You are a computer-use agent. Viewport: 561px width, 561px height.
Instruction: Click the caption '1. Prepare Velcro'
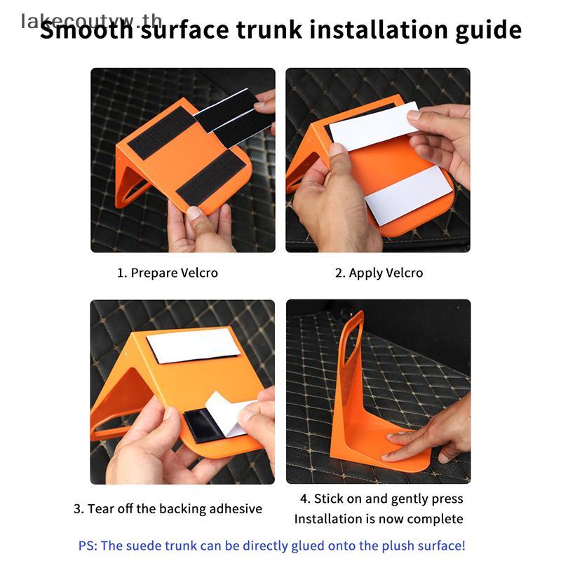pos(168,273)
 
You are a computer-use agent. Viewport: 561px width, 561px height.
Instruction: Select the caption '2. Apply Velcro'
pos(379,273)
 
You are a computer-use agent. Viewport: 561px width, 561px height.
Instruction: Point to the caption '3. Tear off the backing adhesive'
pos(168,508)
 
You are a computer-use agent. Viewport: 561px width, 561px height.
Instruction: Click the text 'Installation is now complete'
pos(379,519)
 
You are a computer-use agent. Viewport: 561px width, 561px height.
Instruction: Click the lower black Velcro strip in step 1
pos(210,177)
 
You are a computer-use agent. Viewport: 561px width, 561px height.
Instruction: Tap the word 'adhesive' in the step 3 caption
pos(229,508)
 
